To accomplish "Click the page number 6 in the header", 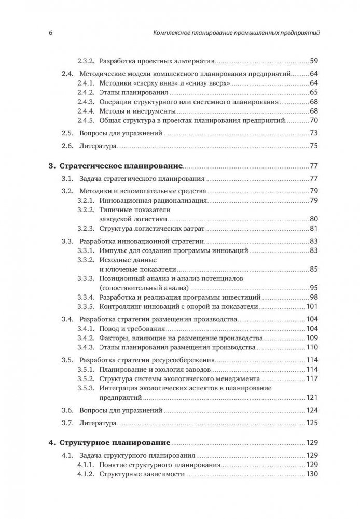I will pyautogui.click(x=43, y=33).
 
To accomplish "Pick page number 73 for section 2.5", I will pyautogui.click(x=313, y=134).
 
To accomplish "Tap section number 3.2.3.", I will pyautogui.click(x=86, y=229).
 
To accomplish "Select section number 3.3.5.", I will pyautogui.click(x=86, y=306).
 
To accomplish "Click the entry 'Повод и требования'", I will pyautogui.click(x=131, y=328).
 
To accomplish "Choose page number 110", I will pyautogui.click(x=311, y=347).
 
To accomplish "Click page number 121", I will pyautogui.click(x=311, y=398).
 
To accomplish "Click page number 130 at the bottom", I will pyautogui.click(x=311, y=475).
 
